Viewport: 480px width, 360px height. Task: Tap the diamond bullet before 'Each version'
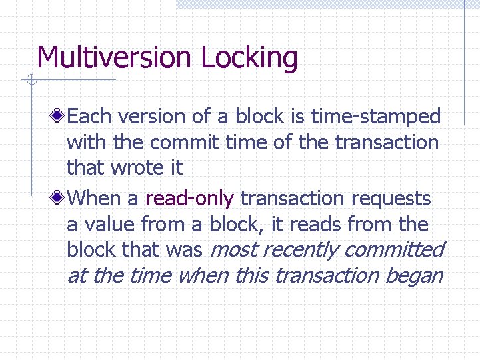pos(59,117)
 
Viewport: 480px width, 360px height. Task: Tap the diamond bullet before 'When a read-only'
pos(59,198)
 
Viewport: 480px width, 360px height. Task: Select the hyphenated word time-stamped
pos(376,117)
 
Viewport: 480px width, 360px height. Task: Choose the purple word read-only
pos(189,198)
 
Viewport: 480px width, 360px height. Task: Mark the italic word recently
pos(301,251)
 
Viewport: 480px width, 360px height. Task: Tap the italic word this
pos(251,275)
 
